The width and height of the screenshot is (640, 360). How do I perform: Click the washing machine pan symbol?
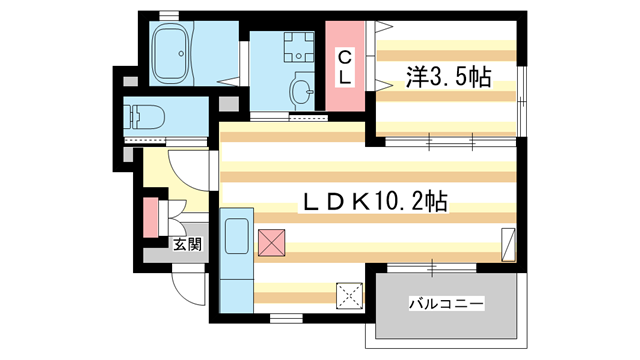[x=297, y=47]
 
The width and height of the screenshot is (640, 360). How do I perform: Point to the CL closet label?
[x=342, y=65]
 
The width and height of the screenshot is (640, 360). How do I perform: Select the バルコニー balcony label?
[x=446, y=302]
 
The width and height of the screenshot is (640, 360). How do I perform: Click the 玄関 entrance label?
[x=187, y=243]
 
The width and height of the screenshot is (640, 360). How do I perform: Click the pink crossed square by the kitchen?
[x=271, y=241]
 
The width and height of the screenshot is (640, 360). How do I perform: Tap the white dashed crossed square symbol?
[x=350, y=295]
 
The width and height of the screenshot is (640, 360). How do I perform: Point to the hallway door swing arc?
[x=190, y=166]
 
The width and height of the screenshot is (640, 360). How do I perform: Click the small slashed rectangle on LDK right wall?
[x=508, y=244]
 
